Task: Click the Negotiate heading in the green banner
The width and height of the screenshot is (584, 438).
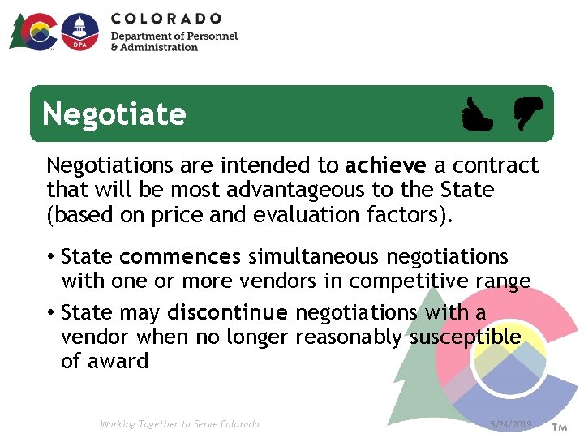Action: (114, 114)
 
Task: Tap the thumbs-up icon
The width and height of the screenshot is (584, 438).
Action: (476, 114)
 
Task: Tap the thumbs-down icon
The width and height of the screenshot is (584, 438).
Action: (526, 113)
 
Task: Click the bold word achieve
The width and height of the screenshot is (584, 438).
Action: (385, 166)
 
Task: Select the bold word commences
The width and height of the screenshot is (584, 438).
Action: (179, 257)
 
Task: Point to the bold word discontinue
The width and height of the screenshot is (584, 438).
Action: (227, 312)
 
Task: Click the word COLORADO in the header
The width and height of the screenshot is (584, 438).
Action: (166, 18)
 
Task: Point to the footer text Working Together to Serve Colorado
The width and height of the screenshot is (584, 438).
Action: (179, 424)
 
